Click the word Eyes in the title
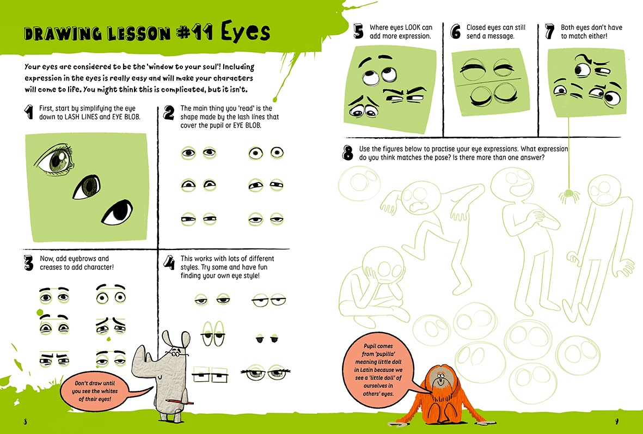[246, 32]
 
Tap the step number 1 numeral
[29, 112]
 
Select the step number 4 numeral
[169, 262]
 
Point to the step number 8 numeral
[348, 153]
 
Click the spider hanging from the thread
[568, 194]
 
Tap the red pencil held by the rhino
[180, 402]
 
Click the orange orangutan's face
[439, 379]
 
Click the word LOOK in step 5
[412, 27]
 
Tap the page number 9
[616, 421]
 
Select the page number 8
[26, 421]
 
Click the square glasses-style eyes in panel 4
[210, 374]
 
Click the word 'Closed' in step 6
[476, 27]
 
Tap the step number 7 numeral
[549, 31]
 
